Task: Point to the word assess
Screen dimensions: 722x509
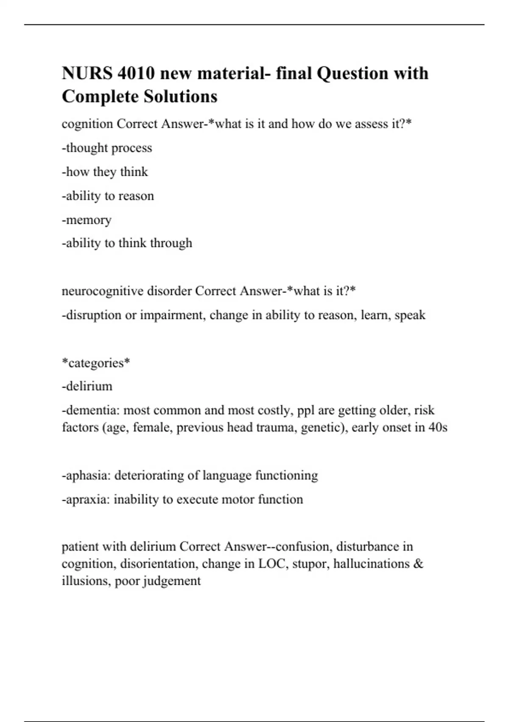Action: pos(365,124)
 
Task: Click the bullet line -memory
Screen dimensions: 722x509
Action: pos(87,220)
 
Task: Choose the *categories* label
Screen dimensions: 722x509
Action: pos(96,363)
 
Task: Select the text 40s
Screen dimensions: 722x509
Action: pos(438,427)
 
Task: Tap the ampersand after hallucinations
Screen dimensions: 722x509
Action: pos(418,564)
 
